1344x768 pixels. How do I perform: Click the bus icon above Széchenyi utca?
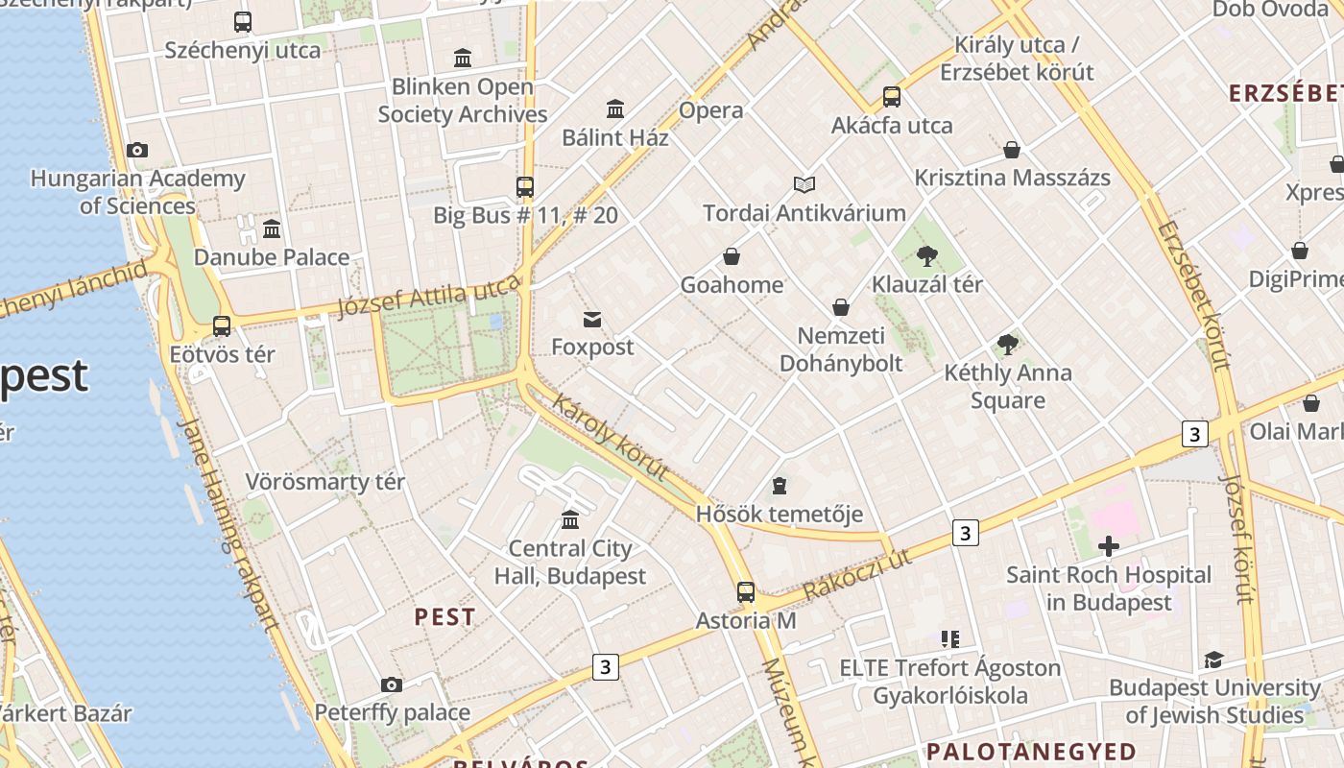pos(243,22)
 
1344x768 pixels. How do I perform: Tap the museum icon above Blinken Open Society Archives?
pos(463,58)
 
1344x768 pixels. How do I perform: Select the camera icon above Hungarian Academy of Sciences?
pos(137,151)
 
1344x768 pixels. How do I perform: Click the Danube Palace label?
pos(272,257)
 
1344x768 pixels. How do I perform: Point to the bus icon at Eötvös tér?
pos(222,326)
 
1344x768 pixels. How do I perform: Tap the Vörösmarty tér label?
pos(325,481)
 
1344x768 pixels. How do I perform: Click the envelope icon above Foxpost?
pos(592,320)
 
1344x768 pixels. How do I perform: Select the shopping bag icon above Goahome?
pos(732,256)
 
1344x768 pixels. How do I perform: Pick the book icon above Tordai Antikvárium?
pos(804,184)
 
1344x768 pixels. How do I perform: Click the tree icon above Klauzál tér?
pos(926,255)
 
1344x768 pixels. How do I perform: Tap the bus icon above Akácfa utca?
pos(892,97)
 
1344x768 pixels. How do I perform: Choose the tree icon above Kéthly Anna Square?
pos(1007,345)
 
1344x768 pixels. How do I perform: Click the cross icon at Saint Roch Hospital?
pos(1109,547)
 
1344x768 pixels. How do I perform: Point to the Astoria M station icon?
pos(746,592)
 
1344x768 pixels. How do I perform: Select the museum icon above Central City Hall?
pos(570,520)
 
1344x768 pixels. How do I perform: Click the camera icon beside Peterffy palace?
pos(391,684)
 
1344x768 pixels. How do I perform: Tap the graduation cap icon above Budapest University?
pos(1213,660)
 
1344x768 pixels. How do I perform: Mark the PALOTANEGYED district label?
pos(1030,751)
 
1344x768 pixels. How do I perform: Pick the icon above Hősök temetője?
pos(780,486)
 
